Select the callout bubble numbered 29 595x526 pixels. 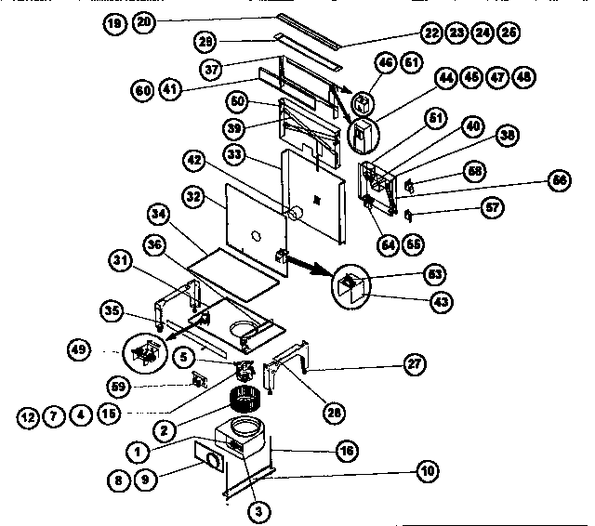point(205,41)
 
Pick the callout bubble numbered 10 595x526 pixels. point(427,471)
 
